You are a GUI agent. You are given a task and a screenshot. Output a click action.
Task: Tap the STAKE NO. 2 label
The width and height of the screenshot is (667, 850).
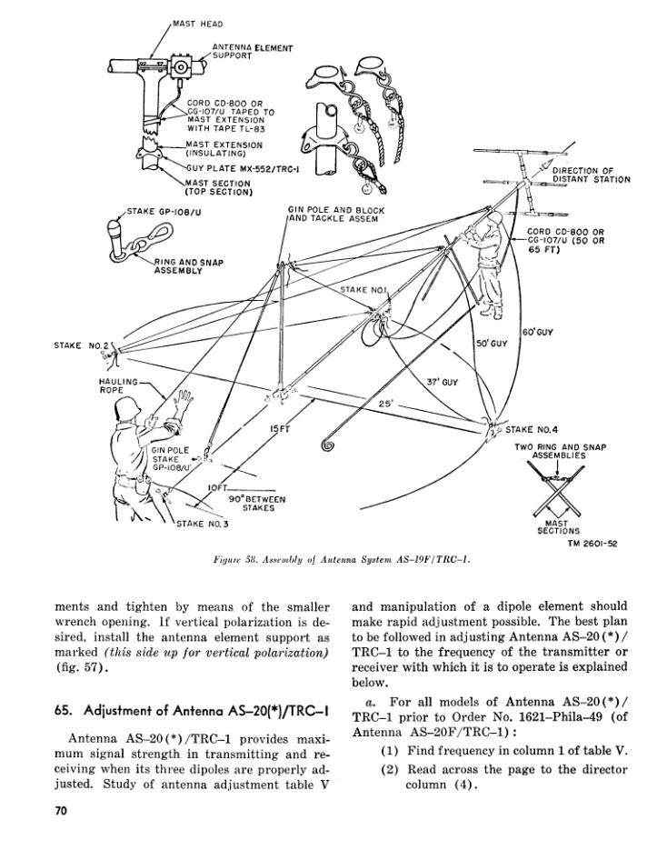click(81, 346)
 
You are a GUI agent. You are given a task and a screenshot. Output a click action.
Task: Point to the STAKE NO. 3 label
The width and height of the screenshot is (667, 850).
click(202, 524)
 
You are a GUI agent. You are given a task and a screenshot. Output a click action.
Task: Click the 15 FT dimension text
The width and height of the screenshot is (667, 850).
click(279, 428)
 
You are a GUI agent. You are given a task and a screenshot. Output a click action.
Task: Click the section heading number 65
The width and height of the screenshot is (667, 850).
click(65, 710)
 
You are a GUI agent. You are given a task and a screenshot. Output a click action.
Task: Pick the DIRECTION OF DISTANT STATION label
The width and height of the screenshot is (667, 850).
click(591, 175)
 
